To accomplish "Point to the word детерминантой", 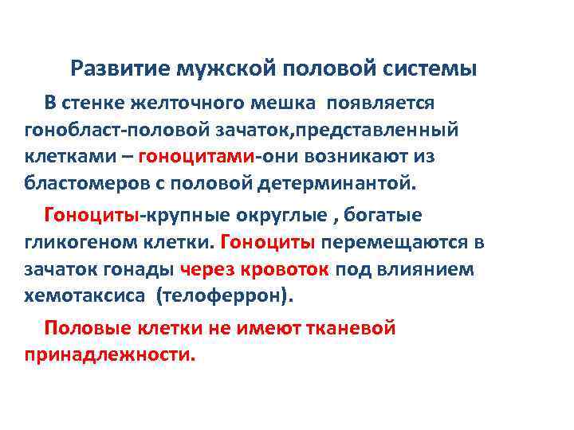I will (x=344, y=184).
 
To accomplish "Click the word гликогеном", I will (x=73, y=242).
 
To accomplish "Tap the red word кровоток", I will (x=290, y=269).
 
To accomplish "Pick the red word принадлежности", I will (x=109, y=354).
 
